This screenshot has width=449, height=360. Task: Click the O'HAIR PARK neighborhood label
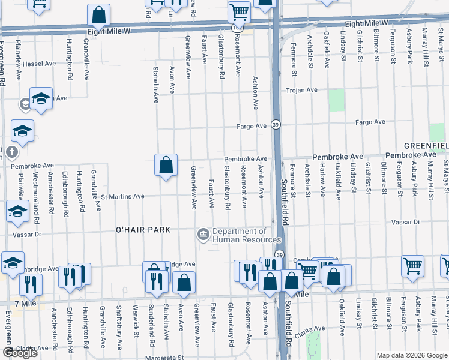(143, 230)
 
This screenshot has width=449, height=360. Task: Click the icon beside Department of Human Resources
(203, 234)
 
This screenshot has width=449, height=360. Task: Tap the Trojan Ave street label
(301, 90)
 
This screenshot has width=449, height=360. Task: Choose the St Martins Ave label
(122, 196)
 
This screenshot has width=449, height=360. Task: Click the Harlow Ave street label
(322, 184)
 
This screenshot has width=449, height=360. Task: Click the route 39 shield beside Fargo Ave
(276, 125)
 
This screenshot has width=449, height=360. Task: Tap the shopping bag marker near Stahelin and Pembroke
(166, 165)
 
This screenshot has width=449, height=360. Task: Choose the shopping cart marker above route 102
(239, 11)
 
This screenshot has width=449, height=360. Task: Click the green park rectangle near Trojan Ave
(337, 100)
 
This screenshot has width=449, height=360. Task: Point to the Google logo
(20, 353)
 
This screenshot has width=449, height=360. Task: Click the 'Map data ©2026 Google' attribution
(411, 355)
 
